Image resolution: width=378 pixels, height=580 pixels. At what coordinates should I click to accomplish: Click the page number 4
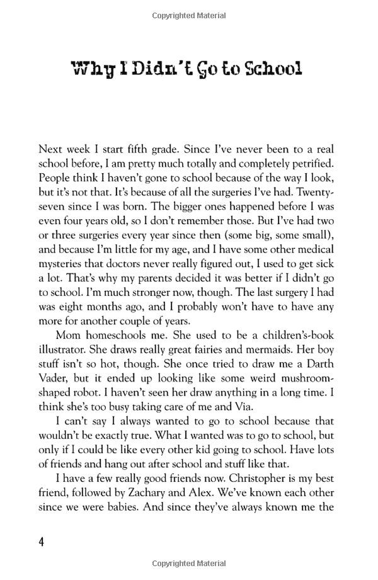[x=42, y=542]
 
